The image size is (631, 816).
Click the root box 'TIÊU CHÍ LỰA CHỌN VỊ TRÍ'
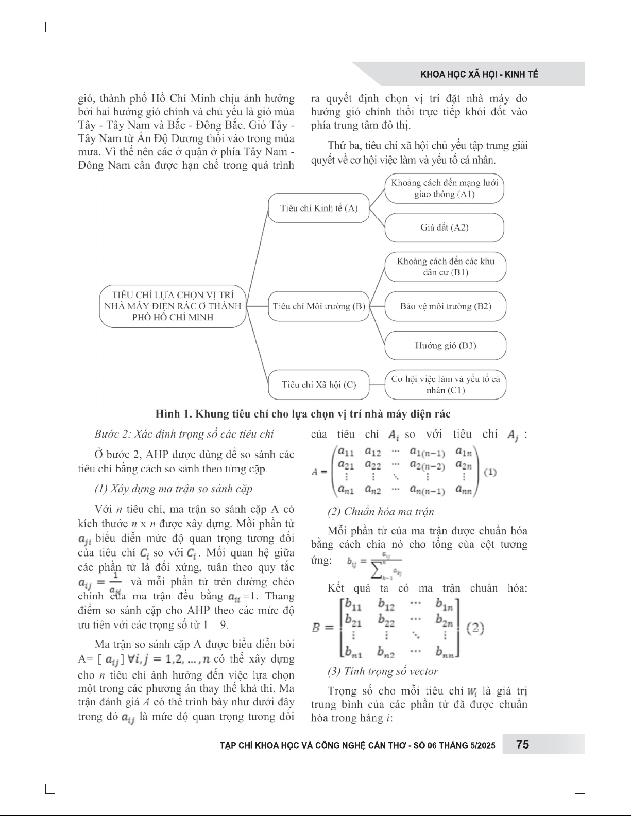(x=173, y=306)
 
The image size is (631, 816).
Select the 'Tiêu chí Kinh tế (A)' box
(x=319, y=208)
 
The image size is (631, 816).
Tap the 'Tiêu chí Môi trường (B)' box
(x=319, y=306)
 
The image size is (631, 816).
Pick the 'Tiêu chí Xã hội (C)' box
(x=319, y=385)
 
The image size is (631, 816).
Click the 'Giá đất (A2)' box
(x=445, y=228)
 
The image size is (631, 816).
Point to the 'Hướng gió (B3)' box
(x=446, y=345)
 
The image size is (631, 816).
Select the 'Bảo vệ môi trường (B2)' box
(x=446, y=306)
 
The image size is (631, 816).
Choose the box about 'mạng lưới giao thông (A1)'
(x=445, y=188)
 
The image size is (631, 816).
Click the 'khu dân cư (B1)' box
(x=446, y=267)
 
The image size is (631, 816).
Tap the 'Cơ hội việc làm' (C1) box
(x=446, y=385)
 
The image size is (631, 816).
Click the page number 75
(x=522, y=744)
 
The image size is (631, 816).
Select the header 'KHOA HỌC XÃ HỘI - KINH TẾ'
(x=479, y=74)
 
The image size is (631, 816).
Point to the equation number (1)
(x=490, y=472)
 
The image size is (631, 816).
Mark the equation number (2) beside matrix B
(x=475, y=628)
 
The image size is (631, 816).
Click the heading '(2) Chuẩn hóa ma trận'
(x=381, y=512)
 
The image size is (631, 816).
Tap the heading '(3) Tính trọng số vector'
(x=383, y=671)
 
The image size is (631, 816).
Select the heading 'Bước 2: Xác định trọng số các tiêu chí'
(x=184, y=434)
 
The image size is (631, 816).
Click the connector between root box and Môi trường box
(x=257, y=306)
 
